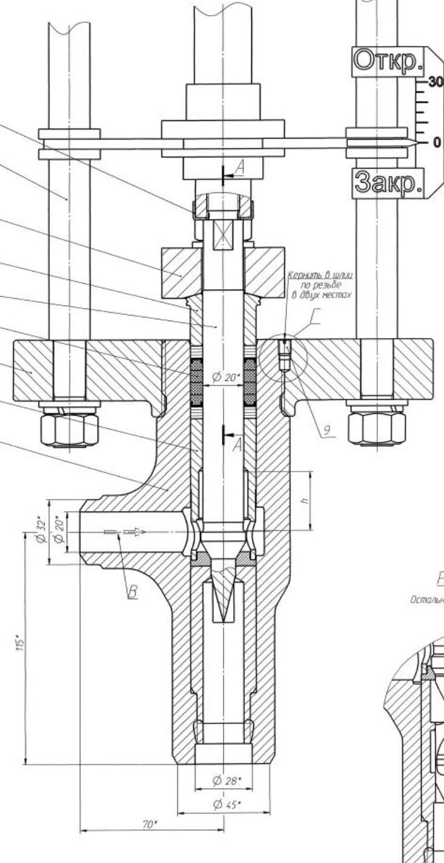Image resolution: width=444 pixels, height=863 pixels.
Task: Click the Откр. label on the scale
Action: pos(388,61)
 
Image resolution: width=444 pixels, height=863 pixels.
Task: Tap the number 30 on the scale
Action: pos(435,82)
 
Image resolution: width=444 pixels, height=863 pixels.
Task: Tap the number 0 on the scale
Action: pos(437,143)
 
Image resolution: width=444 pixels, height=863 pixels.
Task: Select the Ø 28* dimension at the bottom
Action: pos(227,781)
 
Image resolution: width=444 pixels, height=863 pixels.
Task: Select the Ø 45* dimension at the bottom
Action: pos(227,804)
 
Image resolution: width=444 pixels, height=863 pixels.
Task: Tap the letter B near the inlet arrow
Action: pos(132,593)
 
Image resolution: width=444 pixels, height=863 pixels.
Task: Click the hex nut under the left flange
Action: pos(70,428)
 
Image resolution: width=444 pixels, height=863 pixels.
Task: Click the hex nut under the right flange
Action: pos(376,428)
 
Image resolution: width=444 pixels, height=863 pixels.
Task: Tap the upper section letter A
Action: pos(240,169)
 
